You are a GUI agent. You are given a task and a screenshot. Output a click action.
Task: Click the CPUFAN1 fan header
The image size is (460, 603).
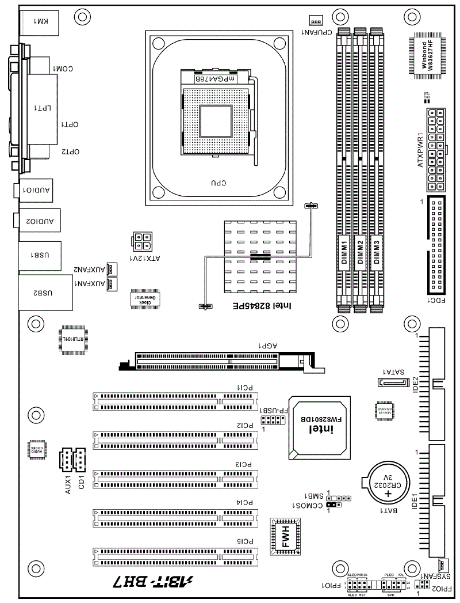316,21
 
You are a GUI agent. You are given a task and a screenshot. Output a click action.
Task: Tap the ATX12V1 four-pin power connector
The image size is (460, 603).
142,242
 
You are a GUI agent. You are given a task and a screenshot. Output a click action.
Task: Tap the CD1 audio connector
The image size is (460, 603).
79,459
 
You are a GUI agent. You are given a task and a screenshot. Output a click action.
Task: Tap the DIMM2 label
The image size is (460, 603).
360,252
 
